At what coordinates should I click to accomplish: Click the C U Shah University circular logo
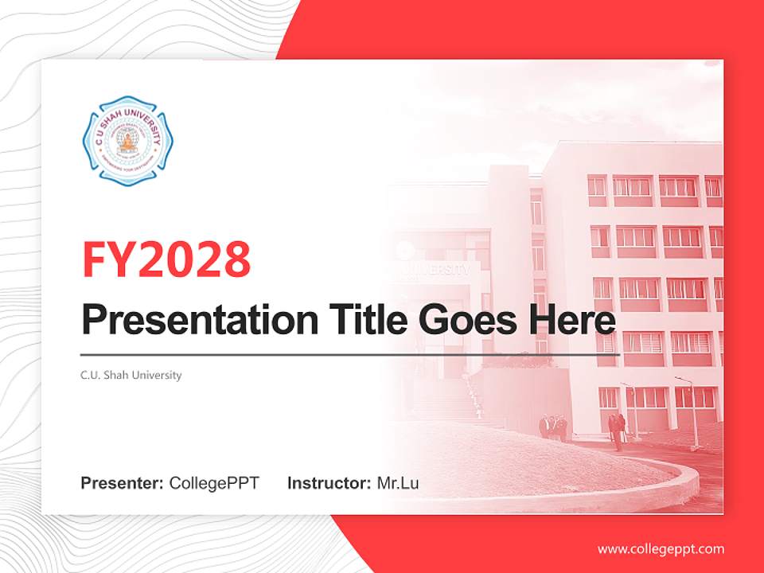coord(127,141)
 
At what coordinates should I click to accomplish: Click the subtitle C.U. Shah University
coord(131,375)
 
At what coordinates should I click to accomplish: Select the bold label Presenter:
coord(123,483)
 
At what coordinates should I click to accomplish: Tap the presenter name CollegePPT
coord(214,483)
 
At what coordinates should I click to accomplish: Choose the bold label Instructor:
coord(329,483)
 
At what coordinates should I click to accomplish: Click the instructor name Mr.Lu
coord(398,483)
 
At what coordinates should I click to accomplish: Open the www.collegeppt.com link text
coord(661,549)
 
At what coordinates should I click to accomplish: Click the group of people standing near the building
coord(554,427)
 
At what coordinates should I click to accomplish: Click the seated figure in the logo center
coord(127,142)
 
